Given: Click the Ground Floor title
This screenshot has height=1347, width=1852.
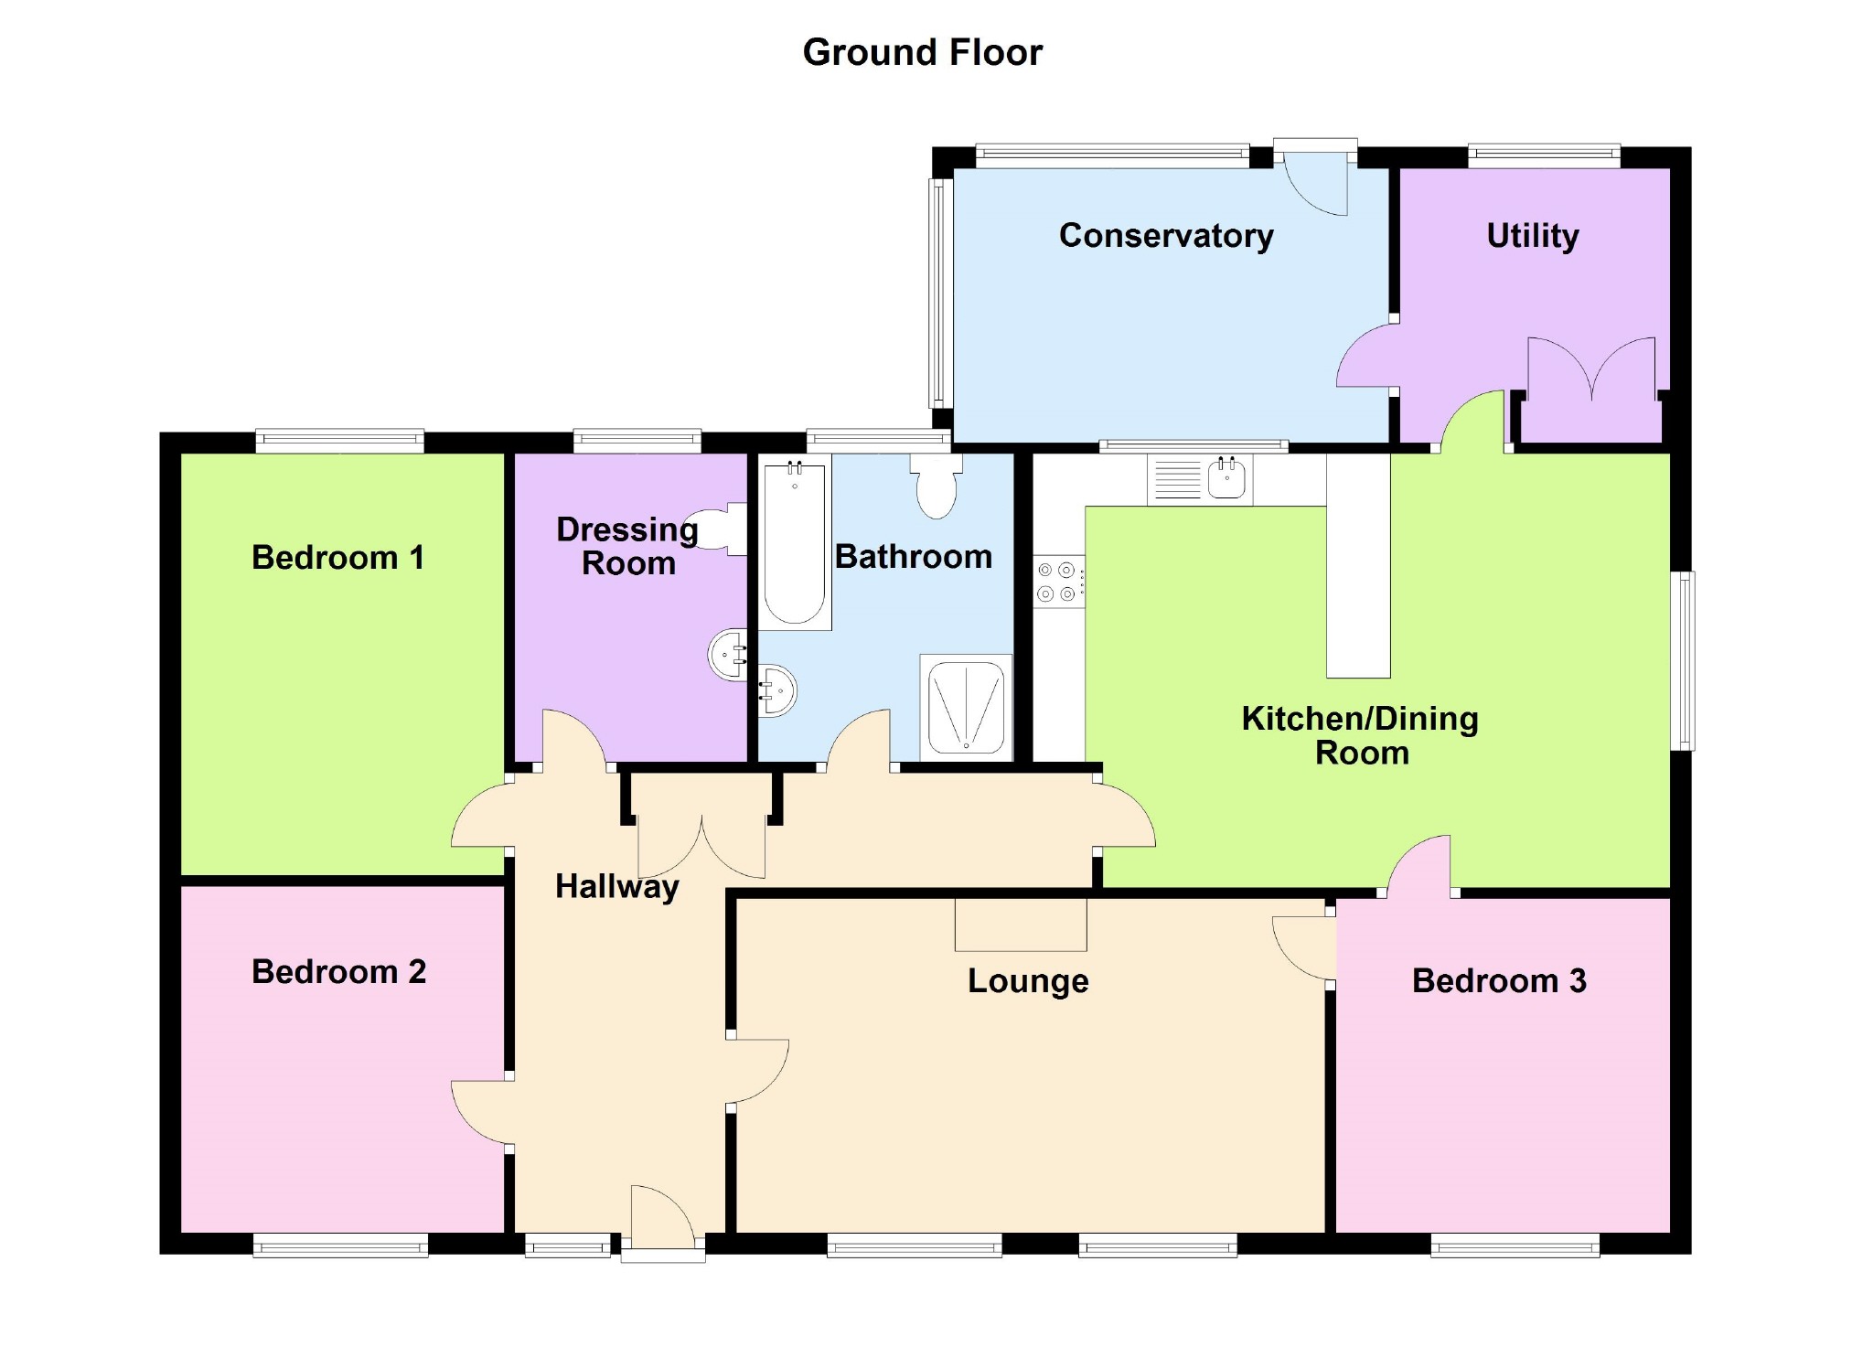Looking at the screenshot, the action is point(922,53).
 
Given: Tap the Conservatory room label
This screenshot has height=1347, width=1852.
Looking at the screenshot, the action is point(1166,236).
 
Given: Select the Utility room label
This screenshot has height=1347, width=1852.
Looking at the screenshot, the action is point(1533,236).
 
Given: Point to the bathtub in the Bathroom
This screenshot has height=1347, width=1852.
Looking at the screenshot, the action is point(794,544).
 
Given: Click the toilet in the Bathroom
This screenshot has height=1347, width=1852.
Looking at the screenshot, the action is point(936,486).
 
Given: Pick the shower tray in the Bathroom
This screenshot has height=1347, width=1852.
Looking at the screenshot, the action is point(966,708).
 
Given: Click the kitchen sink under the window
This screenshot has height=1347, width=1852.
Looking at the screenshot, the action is point(1226,478).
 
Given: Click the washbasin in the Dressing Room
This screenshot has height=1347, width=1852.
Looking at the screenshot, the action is point(729,654).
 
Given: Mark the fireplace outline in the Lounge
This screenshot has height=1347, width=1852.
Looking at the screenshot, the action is point(1021,925).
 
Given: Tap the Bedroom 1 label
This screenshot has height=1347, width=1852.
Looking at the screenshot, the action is point(338,558).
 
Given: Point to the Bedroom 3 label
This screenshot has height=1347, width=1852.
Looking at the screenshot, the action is point(1499,981).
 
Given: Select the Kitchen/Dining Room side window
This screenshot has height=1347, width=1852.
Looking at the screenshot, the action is point(1682,660).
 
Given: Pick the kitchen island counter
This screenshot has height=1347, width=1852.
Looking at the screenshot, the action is point(1358,567).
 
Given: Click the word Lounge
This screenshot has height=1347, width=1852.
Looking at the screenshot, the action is point(1028,981).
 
